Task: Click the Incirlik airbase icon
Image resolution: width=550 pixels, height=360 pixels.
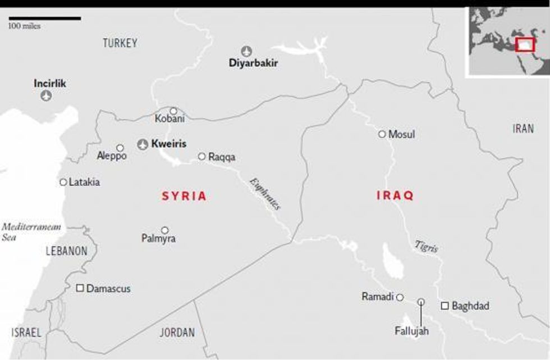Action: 47,96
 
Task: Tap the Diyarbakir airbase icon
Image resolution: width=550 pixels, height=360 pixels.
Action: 246,51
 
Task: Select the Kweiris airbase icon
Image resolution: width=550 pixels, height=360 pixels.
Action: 143,144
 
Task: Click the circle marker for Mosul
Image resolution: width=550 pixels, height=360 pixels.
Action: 382,134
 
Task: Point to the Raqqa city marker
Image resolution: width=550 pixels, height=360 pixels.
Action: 202,157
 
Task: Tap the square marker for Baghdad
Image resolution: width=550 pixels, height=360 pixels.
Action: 444,306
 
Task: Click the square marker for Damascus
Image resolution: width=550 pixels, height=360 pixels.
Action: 80,288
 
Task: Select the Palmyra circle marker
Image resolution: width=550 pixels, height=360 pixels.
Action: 165,230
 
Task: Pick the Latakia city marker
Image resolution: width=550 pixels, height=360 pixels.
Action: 63,182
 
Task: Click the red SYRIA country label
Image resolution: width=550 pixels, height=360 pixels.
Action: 185,197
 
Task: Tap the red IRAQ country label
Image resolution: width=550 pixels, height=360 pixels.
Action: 395,195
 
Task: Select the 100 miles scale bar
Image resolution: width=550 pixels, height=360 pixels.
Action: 44,18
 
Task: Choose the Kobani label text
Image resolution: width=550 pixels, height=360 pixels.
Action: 169,119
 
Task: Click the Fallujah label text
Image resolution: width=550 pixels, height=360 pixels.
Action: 411,331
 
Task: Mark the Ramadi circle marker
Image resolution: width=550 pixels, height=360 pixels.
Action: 400,297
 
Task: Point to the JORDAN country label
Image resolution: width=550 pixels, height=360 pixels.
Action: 177,332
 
